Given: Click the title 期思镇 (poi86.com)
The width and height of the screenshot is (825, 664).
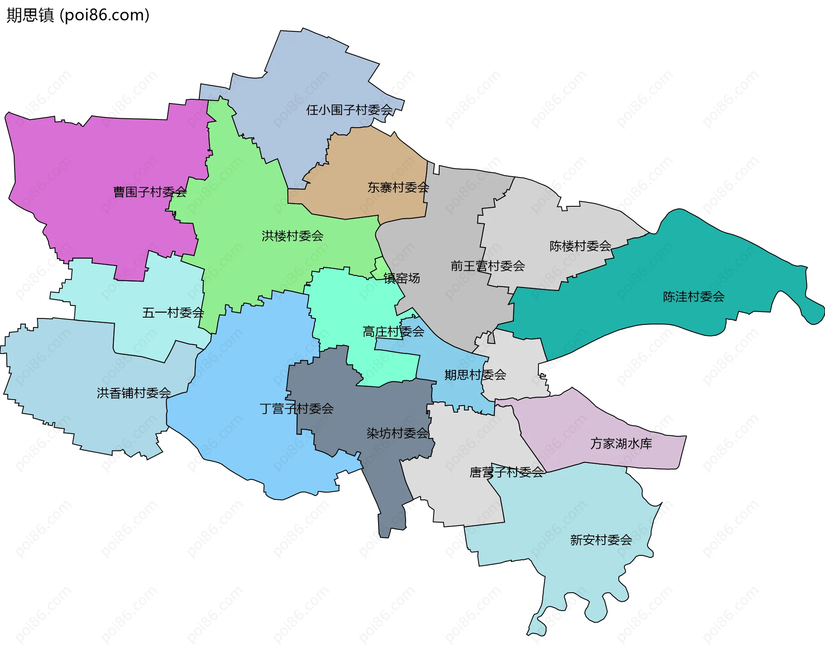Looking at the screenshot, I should coord(78,15).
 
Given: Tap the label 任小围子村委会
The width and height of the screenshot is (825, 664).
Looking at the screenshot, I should coord(349,110).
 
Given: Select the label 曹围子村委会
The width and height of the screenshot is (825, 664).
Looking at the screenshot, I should coord(150,192).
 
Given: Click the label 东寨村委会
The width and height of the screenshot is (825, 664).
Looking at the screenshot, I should coord(398,187).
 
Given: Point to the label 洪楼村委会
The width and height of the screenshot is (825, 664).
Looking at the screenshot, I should coord(293,236).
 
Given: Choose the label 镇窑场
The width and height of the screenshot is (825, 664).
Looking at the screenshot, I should coord(402,278).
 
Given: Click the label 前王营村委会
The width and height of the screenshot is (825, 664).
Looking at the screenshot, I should coord(488,266).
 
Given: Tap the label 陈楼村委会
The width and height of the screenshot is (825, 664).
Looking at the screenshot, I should coord(581,246).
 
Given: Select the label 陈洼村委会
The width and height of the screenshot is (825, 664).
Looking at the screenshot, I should coord(694,297).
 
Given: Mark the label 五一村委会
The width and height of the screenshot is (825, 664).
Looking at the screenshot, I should coord(173,313).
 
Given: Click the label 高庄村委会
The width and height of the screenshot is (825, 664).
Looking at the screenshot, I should coord(394,332).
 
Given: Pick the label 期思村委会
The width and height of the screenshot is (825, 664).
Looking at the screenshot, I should coord(475,375).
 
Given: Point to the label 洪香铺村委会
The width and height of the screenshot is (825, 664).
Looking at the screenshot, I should coord(134,393).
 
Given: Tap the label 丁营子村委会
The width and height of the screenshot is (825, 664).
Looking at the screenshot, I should coord(297,409).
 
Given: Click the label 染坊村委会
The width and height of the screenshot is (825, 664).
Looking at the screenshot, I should coord(398,433).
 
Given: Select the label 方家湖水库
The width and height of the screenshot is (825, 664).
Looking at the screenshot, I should coord(621,444).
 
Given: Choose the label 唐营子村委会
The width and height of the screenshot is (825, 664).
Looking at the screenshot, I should coord(507,473).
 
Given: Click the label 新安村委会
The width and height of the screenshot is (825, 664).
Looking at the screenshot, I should coord(601,540).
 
